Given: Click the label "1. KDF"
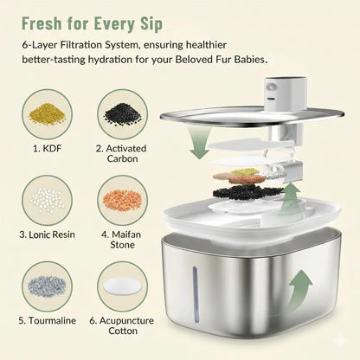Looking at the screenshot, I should click(x=47, y=149).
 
